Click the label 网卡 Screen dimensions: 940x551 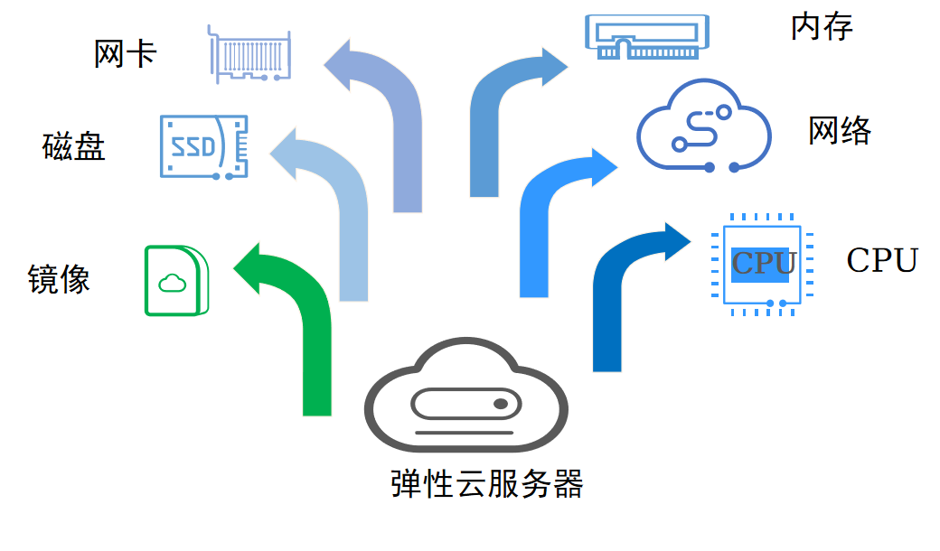click(x=126, y=54)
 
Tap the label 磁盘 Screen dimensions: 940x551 click(x=74, y=146)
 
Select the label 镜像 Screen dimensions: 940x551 click(x=59, y=279)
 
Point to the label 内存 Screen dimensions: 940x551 click(x=822, y=27)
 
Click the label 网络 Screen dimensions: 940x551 click(x=840, y=131)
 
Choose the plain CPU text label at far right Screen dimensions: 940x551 click(x=882, y=260)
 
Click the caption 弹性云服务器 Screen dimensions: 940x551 click(x=487, y=484)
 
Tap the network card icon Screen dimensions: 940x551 click(x=249, y=54)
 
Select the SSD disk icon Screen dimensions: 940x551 click(x=204, y=147)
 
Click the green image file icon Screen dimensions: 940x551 click(x=177, y=280)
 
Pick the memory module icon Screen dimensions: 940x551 click(x=647, y=37)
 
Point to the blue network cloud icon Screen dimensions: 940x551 click(x=704, y=126)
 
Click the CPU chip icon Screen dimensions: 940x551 click(x=762, y=264)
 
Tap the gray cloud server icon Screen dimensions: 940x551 click(x=466, y=396)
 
